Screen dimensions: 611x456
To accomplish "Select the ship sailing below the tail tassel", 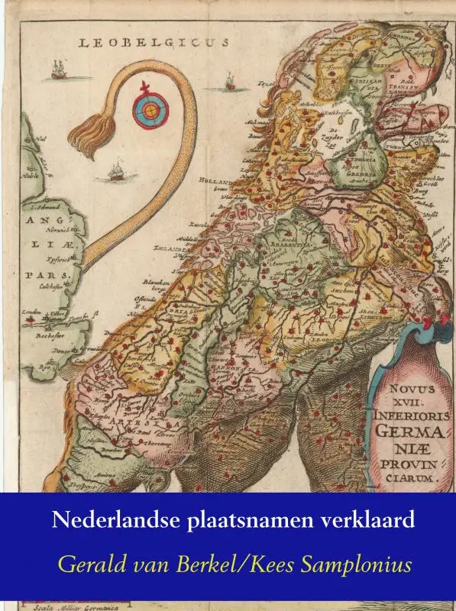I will pos(116,173).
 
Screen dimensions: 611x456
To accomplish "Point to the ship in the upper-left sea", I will pos(58,71).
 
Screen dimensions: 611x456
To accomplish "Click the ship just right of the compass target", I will pos(229,81).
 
